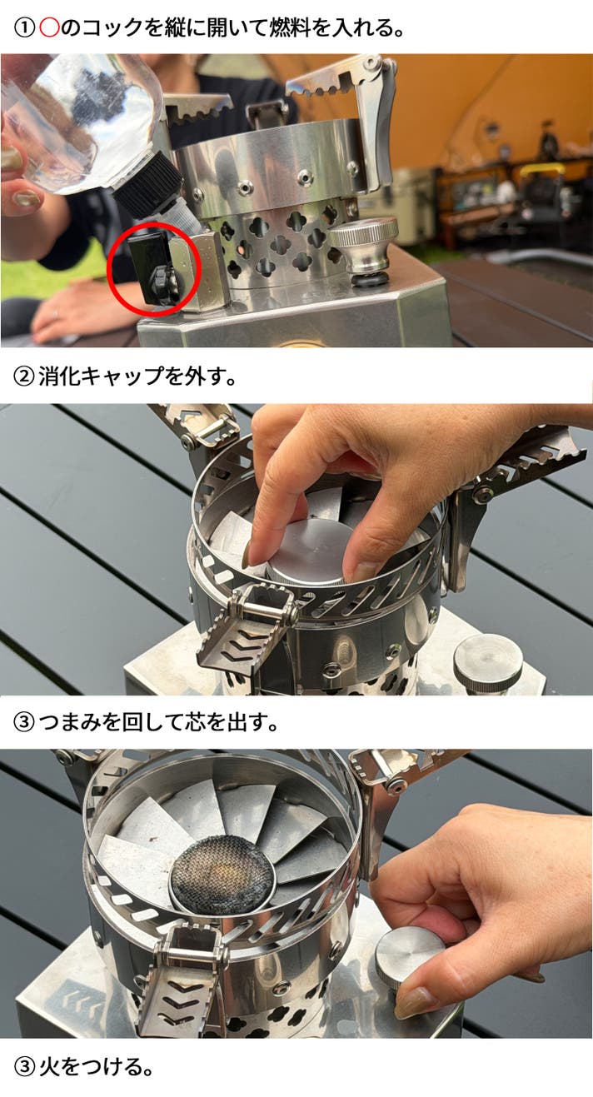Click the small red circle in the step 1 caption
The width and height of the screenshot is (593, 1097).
pos(49,28)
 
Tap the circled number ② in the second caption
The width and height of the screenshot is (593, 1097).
pos(23,377)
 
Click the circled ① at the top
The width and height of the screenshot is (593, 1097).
pos(23,28)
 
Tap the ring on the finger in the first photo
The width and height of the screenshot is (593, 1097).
pos(56,312)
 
